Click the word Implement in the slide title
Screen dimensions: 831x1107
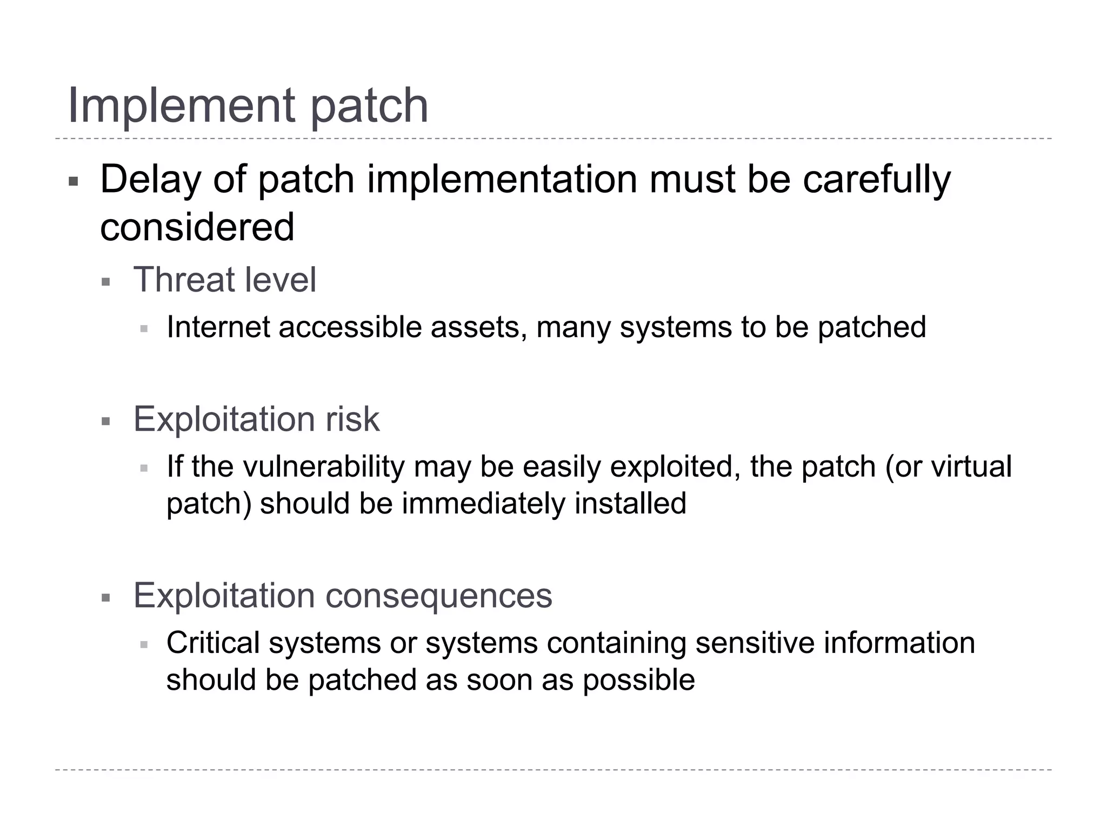[182, 105]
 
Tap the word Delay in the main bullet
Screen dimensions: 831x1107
[150, 180]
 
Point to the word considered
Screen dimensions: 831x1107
[197, 227]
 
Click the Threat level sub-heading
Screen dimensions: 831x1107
[224, 280]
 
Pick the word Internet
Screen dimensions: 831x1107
[218, 327]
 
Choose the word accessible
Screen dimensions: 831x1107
[350, 327]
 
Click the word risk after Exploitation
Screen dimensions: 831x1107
[352, 419]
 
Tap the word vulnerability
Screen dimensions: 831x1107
[324, 466]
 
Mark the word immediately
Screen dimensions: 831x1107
[483, 504]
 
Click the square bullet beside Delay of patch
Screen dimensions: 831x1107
[74, 181]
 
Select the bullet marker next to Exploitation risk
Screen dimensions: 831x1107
[106, 421]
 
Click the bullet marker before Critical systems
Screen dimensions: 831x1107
[144, 645]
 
